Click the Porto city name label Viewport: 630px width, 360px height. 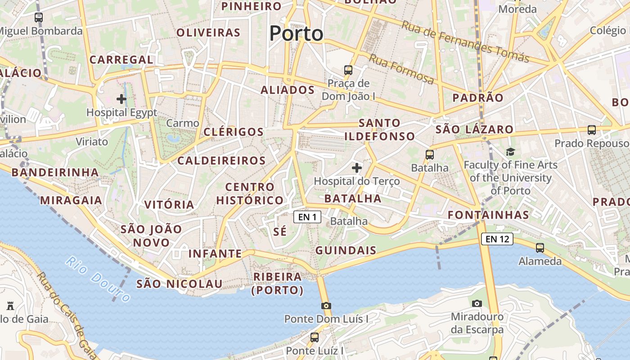point(297,33)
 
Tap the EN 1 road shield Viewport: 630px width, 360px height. point(307,217)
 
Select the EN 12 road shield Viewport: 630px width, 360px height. point(497,239)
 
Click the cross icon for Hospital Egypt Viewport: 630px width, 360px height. point(121,99)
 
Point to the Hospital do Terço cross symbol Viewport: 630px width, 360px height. point(357,168)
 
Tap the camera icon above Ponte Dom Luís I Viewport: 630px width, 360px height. point(326,306)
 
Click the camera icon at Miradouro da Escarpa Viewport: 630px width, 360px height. point(477,304)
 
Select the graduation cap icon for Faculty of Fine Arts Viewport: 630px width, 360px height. point(510,152)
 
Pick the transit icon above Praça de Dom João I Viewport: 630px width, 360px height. point(348,70)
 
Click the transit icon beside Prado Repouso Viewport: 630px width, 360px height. point(592,130)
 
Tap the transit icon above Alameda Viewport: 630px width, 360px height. point(540,247)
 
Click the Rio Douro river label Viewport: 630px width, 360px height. point(98,279)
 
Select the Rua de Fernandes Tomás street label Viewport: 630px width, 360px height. point(465,42)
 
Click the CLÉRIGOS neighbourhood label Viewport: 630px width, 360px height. point(234,132)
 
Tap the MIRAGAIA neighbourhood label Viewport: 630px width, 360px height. point(72,200)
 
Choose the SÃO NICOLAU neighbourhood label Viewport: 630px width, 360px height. point(180,284)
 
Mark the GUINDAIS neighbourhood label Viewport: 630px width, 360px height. point(346,251)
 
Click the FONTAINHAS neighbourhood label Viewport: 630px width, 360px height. point(489,215)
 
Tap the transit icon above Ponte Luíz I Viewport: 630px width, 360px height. point(315,337)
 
